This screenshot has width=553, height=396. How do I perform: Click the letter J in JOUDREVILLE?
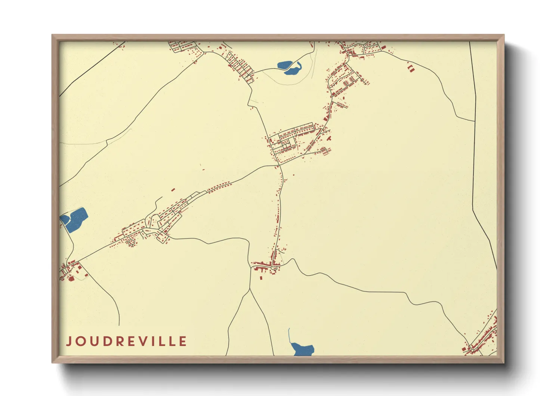click(69, 341)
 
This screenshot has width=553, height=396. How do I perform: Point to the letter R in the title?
click(120, 341)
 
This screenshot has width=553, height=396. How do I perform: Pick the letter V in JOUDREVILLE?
click(144, 341)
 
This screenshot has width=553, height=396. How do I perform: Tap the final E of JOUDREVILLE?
click(183, 341)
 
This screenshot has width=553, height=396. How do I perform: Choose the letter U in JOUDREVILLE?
click(93, 341)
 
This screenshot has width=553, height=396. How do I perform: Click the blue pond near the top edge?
click(288, 67)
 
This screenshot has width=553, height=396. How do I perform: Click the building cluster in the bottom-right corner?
click(484, 337)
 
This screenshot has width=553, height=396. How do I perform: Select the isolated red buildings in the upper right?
click(411, 68)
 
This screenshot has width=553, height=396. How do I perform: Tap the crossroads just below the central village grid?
click(279, 165)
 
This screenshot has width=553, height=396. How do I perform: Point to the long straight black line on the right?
click(473, 124)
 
